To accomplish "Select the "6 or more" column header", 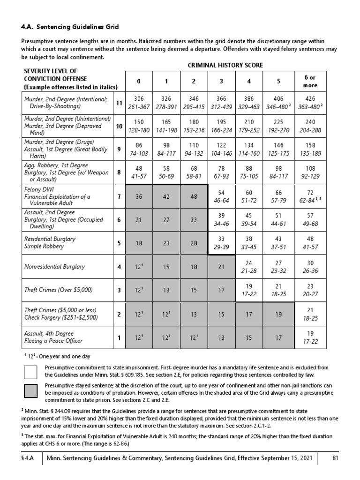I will click(x=310, y=82).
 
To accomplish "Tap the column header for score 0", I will click(x=138, y=82).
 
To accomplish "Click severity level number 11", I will click(x=119, y=103).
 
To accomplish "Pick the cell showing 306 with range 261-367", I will click(x=138, y=103).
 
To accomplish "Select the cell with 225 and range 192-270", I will click(x=278, y=126).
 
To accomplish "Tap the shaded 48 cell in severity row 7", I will click(x=194, y=196).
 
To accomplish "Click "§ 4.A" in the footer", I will click(x=29, y=458).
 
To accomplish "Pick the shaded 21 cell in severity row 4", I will click(x=221, y=267).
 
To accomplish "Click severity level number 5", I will click(x=119, y=243).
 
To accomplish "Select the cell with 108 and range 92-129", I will click(x=310, y=173).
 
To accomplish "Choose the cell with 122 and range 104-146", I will click(x=221, y=150).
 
